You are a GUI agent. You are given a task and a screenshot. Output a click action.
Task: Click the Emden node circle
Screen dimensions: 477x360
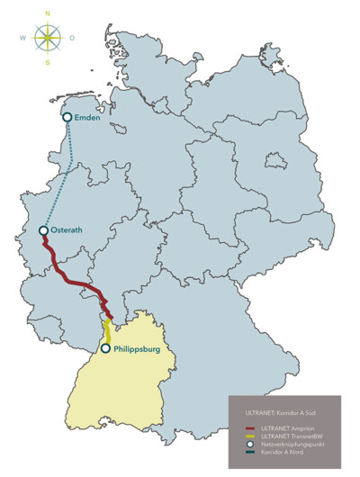[67, 117]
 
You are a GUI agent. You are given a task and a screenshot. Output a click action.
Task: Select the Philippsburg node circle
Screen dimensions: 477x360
[106, 348]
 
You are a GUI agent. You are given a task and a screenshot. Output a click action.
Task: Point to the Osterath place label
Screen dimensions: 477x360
[67, 230]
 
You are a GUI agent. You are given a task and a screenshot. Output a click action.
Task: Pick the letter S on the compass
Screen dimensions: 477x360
[47, 63]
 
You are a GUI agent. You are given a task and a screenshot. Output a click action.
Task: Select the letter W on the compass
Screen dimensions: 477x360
[22, 39]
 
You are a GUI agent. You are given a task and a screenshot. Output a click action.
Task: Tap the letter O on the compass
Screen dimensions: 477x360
[72, 39]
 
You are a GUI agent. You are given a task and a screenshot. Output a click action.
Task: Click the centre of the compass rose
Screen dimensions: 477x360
[47, 39]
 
